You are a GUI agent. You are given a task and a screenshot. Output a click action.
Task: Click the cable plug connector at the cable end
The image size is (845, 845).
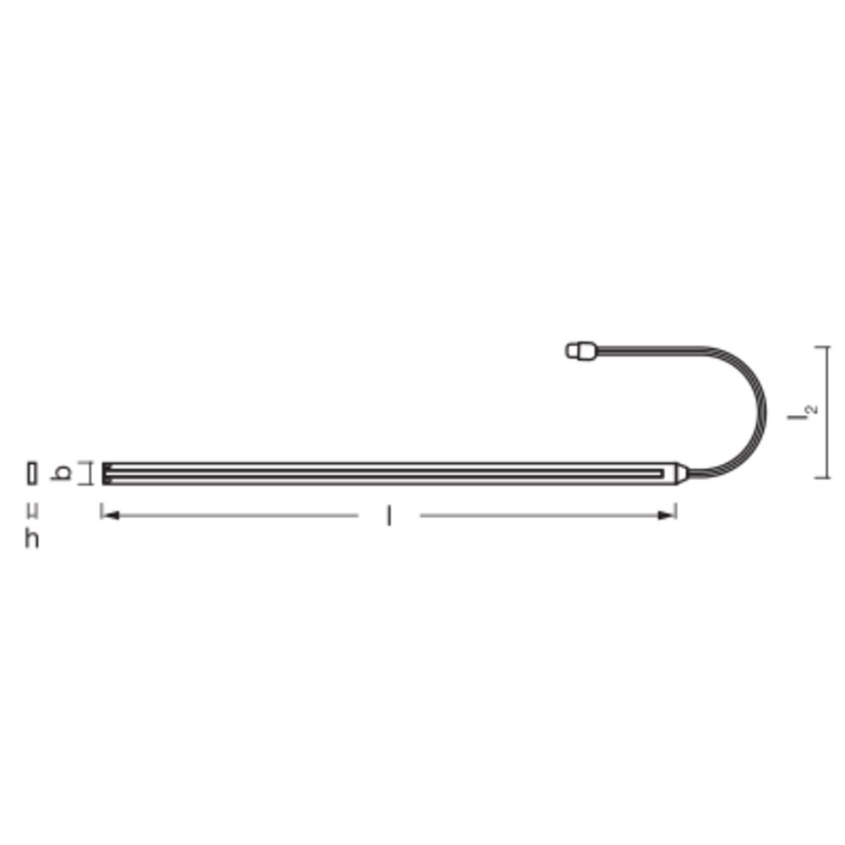pos(581,351)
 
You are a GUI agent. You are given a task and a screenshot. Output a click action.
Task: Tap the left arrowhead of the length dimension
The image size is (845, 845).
pos(111,515)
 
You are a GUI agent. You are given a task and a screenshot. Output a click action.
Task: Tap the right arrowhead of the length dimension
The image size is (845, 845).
pos(667,515)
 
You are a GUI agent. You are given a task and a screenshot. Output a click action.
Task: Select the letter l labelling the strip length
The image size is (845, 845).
pos(389,515)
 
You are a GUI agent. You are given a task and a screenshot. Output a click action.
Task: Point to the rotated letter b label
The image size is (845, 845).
pos(60,472)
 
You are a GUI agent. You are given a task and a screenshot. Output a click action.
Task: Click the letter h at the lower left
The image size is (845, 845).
pos(32,538)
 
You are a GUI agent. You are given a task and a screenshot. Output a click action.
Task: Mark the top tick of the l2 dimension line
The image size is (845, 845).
pos(822,347)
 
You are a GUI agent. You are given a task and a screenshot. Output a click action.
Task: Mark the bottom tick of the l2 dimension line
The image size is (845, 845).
pos(822,477)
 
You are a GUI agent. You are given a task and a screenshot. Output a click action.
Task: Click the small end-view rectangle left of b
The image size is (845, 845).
pos(32,473)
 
